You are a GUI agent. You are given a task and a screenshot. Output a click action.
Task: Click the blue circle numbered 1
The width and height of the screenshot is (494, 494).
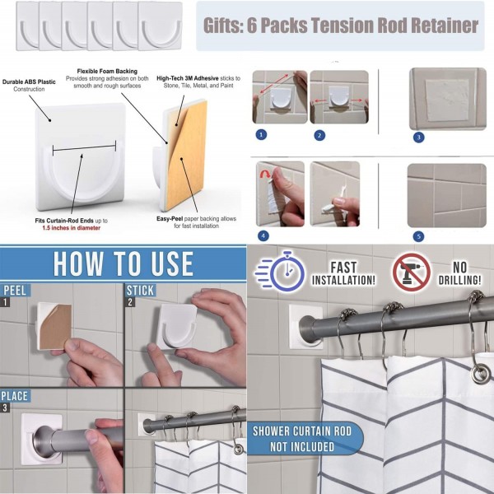click(261, 135)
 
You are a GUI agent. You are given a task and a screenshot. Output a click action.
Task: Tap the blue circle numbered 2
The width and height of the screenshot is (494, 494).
click(319, 136)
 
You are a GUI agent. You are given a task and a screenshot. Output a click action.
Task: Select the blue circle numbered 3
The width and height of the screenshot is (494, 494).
click(418, 137)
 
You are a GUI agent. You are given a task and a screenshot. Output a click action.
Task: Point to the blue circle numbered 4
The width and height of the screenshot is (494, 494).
click(263, 235)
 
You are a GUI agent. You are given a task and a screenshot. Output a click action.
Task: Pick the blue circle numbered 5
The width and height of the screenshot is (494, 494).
click(418, 236)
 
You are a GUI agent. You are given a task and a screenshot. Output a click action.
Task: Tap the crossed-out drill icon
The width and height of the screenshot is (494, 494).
click(412, 272)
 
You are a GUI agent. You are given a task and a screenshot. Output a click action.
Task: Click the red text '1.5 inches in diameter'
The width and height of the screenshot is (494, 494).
click(71, 228)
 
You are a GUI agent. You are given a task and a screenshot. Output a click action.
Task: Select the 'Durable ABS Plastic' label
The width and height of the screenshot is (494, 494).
click(29, 82)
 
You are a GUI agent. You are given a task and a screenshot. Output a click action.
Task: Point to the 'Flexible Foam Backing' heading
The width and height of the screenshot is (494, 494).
click(107, 71)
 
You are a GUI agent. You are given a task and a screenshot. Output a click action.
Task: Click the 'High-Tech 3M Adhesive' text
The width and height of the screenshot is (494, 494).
click(188, 78)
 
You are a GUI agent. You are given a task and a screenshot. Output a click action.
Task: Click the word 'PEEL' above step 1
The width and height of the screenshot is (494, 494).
click(15, 291)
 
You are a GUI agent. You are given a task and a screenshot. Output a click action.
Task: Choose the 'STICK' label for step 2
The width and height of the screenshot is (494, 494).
click(140, 291)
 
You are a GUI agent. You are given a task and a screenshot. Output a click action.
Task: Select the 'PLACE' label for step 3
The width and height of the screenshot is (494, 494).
click(15, 396)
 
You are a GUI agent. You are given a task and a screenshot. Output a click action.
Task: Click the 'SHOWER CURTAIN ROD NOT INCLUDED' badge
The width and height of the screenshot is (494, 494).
click(305, 439)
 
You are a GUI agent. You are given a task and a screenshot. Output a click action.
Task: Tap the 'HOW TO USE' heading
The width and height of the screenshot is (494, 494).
click(123, 264)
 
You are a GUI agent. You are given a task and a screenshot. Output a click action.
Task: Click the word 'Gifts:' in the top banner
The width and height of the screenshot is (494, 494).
click(223, 26)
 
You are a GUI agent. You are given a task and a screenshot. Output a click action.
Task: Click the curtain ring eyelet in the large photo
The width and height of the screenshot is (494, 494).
click(481, 374)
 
